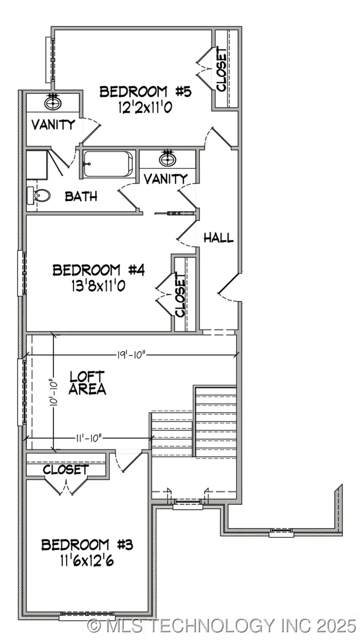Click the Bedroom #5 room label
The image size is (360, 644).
tap(145, 91)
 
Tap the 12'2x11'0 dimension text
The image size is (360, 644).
tap(145, 108)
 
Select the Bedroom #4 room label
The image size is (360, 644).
tap(99, 270)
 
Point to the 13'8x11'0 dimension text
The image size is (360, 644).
tap(99, 287)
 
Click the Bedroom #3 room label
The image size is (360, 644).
tap(87, 545)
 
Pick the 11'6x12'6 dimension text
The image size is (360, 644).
tap(87, 561)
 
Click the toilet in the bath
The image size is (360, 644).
tap(39, 195)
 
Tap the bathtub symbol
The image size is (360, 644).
tap(108, 164)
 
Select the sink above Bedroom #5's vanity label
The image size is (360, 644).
tap(52, 102)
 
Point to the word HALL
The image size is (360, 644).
tap(218, 238)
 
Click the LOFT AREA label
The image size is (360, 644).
tap(87, 383)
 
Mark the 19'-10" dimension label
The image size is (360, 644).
tap(131, 355)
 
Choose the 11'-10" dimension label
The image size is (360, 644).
tap(88, 438)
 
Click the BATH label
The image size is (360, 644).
tap(81, 196)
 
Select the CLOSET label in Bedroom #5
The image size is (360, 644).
tap(221, 70)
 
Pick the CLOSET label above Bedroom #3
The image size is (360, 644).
tap(66, 470)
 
